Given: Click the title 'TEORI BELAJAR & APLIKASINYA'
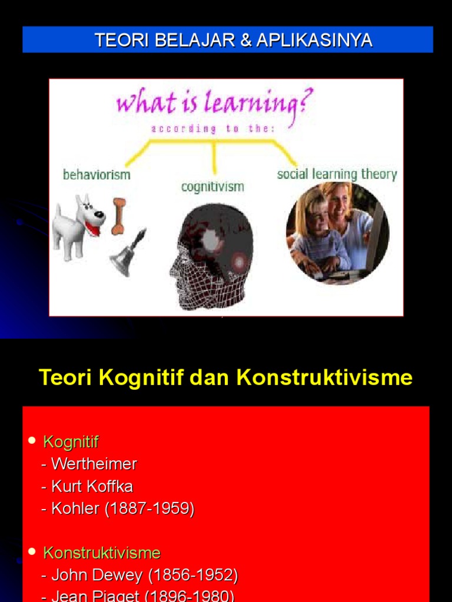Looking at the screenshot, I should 233,40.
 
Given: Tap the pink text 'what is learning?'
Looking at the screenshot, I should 214,104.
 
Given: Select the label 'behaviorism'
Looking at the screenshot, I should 97,175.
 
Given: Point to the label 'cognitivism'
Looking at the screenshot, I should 212,187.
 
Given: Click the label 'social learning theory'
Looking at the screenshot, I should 337,174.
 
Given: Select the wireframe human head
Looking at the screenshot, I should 212,256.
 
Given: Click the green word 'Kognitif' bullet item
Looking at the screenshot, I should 71,442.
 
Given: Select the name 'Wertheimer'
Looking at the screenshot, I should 94,464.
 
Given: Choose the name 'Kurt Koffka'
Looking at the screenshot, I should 92,487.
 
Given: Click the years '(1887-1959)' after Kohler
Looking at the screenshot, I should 149,509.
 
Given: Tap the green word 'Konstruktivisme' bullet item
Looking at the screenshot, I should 102,553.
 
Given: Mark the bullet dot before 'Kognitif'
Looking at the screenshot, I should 32,441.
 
